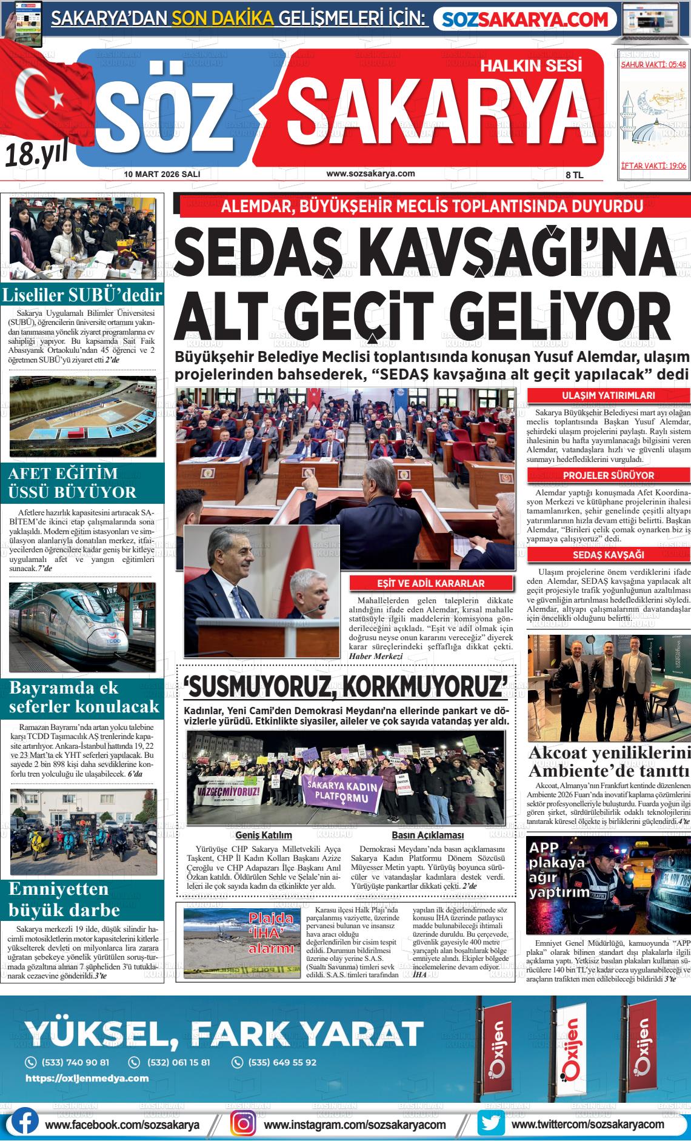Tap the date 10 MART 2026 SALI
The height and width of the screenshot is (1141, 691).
pyautogui.click(x=162, y=174)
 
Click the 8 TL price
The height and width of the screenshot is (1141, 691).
pyautogui.click(x=573, y=175)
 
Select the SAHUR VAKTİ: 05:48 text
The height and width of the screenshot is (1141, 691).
pyautogui.click(x=653, y=64)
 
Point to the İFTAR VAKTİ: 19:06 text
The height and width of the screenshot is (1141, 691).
pyautogui.click(x=653, y=166)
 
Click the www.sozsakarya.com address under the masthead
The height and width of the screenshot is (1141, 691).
pyautogui.click(x=370, y=173)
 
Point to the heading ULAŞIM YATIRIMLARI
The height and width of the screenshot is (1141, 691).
pyautogui.click(x=608, y=396)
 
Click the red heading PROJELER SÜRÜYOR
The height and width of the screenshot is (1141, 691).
pyautogui.click(x=608, y=475)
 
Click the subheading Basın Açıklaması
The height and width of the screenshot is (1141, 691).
pyautogui.click(x=427, y=835)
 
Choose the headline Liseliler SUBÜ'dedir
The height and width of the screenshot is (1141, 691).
pyautogui.click(x=82, y=296)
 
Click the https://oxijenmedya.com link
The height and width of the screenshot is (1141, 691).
pyautogui.click(x=87, y=1079)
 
